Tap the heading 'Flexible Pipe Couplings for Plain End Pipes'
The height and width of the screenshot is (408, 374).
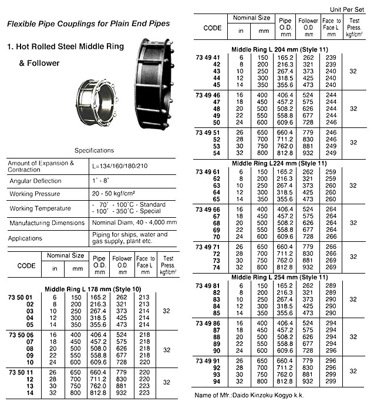[x=89, y=23]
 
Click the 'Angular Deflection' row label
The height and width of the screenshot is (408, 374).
[x=36, y=181]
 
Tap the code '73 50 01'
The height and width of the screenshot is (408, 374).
[x=21, y=296]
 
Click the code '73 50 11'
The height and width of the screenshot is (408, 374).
[x=21, y=372]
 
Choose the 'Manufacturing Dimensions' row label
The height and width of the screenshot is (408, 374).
[x=46, y=223]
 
